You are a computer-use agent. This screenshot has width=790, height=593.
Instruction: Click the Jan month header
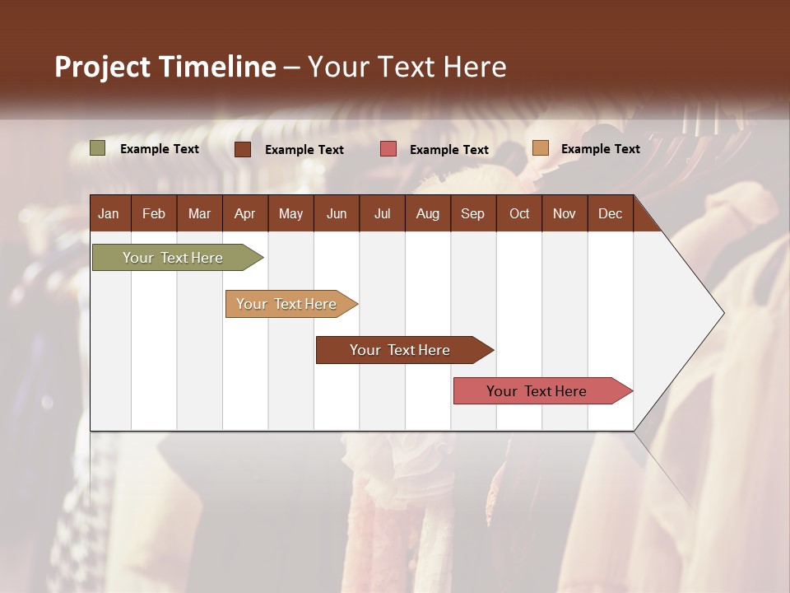pyautogui.click(x=109, y=213)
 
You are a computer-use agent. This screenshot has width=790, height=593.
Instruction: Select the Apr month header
pyautogui.click(x=244, y=213)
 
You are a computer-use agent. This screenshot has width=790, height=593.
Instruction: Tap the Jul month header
pyautogui.click(x=382, y=213)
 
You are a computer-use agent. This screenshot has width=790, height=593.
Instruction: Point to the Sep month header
pyautogui.click(x=472, y=213)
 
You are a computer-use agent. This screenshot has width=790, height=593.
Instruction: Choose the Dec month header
pyautogui.click(x=610, y=213)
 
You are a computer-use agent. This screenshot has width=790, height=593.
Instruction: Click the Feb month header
pyautogui.click(x=154, y=213)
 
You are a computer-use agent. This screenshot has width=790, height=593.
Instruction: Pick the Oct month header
pyautogui.click(x=519, y=213)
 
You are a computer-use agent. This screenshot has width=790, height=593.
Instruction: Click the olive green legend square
pyautogui.click(x=98, y=148)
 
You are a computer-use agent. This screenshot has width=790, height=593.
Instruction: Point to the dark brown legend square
pyautogui.click(x=243, y=149)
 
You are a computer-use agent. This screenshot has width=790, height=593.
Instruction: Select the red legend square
pyautogui.click(x=388, y=149)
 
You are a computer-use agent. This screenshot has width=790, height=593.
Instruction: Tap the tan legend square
pyautogui.click(x=540, y=148)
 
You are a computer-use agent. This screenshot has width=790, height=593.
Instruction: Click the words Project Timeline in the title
pyautogui.click(x=165, y=67)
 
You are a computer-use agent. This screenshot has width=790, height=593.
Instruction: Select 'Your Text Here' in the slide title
pyautogui.click(x=407, y=67)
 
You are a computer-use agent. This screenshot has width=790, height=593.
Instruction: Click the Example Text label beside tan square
pyautogui.click(x=600, y=149)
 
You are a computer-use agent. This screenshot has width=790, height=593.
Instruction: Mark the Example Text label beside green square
pyautogui.click(x=160, y=149)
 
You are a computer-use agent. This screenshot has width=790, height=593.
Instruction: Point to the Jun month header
pyautogui.click(x=337, y=213)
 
